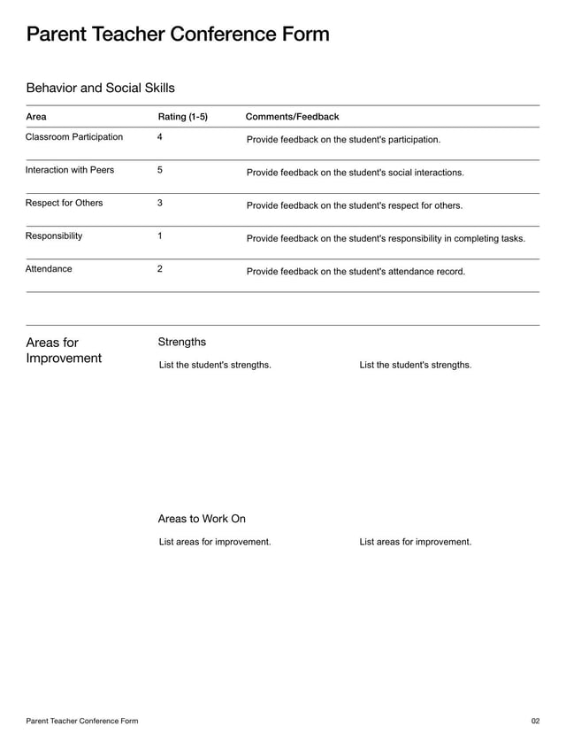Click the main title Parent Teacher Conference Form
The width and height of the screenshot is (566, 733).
(178, 35)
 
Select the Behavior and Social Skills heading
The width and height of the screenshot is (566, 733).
(100, 88)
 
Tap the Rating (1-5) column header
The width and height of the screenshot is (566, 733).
(182, 117)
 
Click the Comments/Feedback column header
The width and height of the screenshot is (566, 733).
(292, 117)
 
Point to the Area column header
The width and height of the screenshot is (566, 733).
(36, 117)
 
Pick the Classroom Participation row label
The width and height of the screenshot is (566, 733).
(74, 137)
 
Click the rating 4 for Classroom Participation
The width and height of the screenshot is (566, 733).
(159, 137)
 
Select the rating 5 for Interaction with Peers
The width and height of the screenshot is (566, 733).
(159, 170)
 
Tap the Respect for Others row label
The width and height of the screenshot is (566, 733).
(64, 203)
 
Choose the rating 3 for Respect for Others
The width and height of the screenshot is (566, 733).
(159, 203)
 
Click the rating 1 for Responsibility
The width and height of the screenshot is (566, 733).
(159, 235)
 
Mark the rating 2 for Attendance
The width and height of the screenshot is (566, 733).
(159, 268)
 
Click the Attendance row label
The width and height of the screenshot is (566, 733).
(49, 268)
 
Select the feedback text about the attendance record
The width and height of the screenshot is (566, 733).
(356, 272)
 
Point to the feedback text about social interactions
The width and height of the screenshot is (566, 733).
(355, 173)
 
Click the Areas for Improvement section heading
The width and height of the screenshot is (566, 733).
(64, 351)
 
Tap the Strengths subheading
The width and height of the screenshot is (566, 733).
(181, 342)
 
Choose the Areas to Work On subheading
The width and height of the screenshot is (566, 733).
(202, 519)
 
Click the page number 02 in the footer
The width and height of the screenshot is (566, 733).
(535, 721)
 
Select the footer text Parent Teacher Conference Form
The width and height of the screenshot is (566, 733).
(81, 721)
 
